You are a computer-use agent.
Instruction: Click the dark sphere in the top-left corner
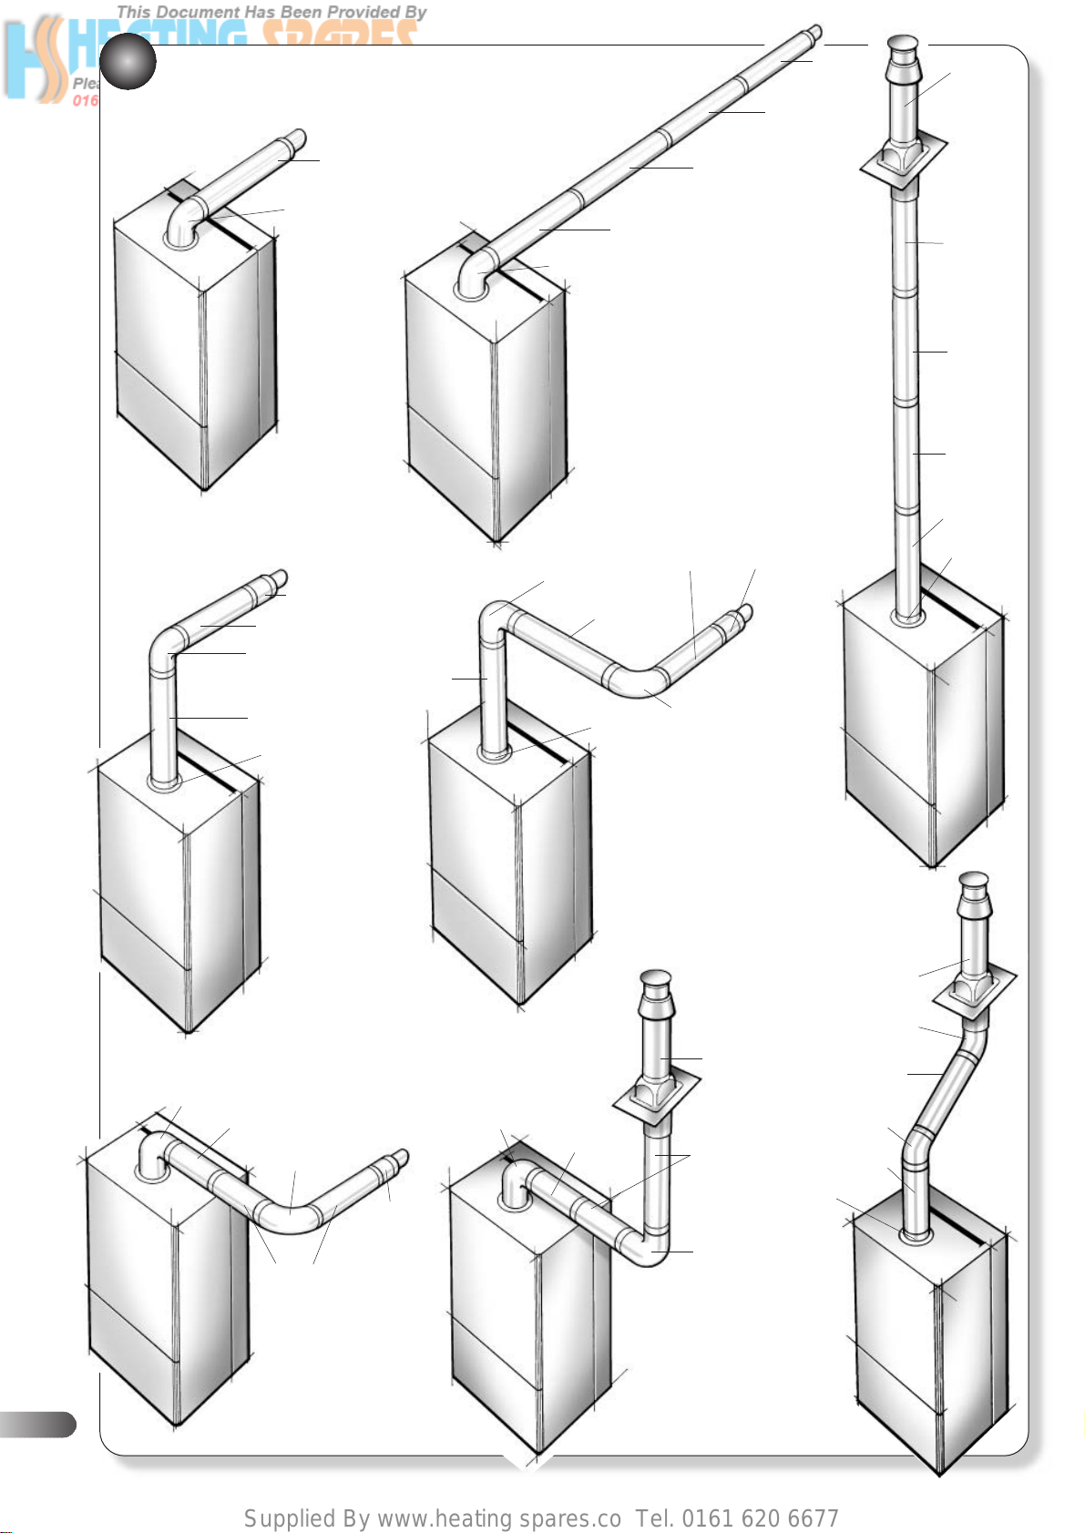point(128,62)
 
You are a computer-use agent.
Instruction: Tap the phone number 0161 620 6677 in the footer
point(760,1518)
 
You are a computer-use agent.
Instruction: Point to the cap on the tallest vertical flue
point(904,47)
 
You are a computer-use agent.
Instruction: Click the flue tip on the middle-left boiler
point(277,580)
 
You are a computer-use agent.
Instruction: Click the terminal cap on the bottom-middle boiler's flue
point(656,986)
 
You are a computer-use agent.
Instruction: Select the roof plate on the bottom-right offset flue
point(973,993)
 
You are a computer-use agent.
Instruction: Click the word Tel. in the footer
point(655,1518)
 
